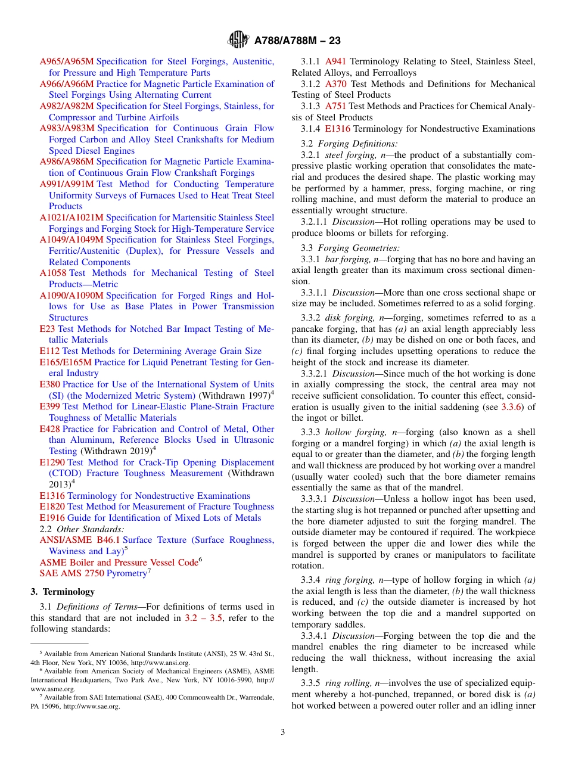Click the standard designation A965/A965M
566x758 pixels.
point(67,61)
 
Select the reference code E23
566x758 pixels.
point(47,329)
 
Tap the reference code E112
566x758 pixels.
point(49,351)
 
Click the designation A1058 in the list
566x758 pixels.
point(53,273)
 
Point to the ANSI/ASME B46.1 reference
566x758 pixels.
point(80,540)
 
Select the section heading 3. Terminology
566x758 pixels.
point(63,592)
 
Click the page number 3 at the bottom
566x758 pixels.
point(283,732)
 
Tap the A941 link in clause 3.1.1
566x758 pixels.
point(336,61)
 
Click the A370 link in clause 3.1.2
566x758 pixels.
point(336,84)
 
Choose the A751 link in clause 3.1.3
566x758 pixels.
point(336,106)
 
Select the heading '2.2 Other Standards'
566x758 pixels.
point(82,529)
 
